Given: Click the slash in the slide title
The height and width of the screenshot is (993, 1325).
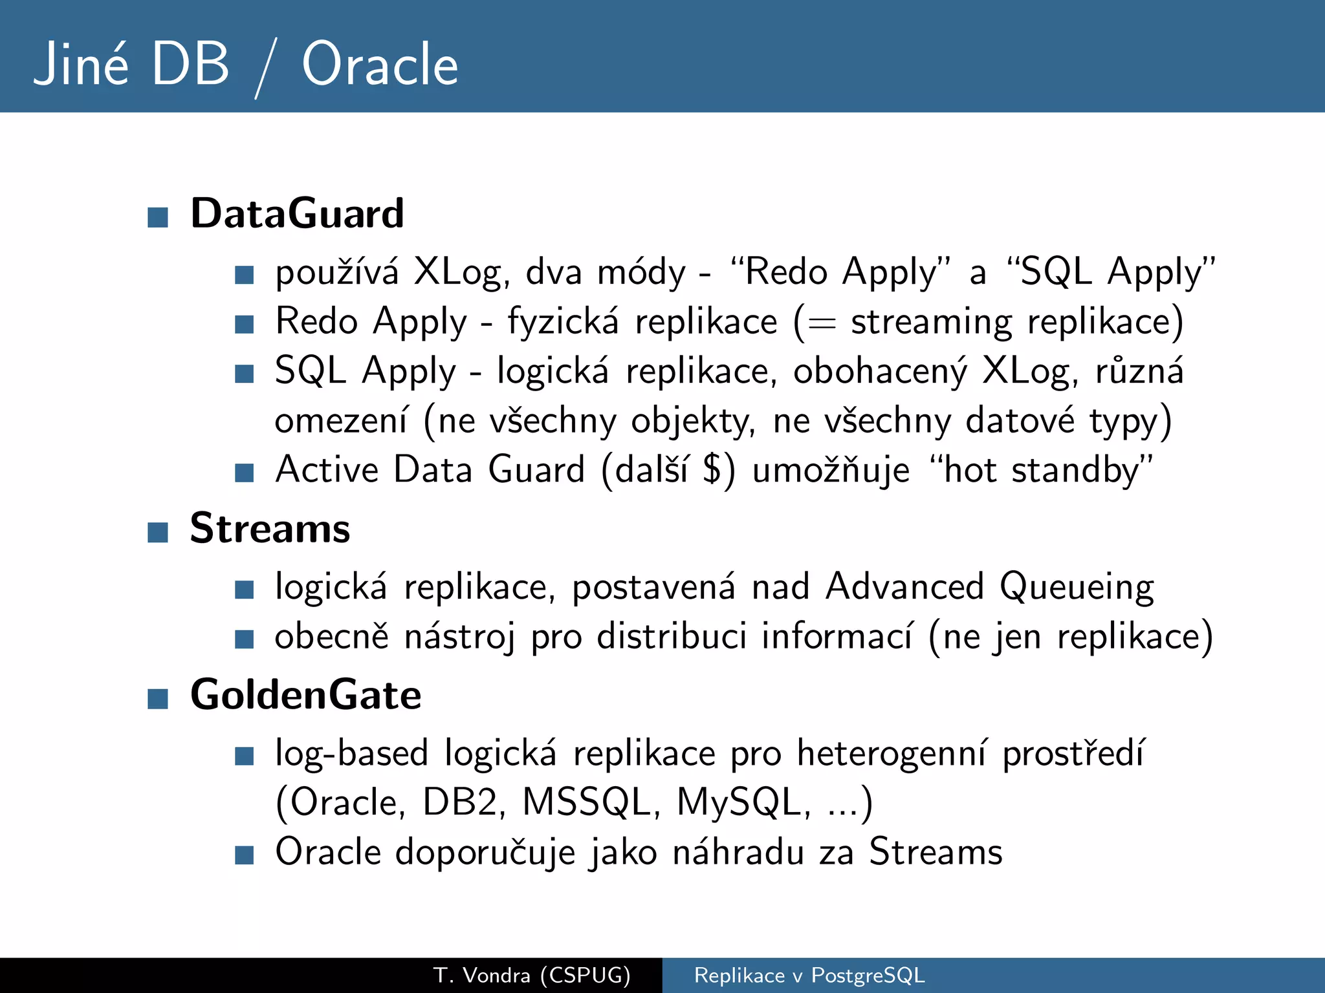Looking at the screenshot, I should click(266, 67).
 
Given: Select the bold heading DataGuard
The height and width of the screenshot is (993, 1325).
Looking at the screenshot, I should click(297, 213).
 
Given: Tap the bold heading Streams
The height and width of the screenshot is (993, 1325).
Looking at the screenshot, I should click(270, 528).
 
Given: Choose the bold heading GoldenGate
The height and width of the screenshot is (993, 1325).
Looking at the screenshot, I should click(305, 695).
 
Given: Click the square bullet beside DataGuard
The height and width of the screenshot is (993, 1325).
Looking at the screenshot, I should click(158, 217).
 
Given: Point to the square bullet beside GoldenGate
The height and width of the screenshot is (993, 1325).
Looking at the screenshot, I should click(158, 699).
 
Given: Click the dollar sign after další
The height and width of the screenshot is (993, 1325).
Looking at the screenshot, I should click(712, 469).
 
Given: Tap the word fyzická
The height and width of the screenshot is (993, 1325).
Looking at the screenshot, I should click(563, 321).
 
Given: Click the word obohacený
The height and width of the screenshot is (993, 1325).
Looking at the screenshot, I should click(880, 372).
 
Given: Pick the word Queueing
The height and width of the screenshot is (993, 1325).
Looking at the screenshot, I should click(1077, 587).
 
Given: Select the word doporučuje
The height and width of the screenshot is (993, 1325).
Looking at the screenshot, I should click(485, 853).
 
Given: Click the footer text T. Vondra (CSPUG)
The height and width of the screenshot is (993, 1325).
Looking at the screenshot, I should click(532, 975).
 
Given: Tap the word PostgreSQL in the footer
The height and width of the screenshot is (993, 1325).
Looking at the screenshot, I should click(868, 975).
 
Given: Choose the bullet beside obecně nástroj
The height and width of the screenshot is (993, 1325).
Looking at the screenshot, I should click(244, 639).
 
